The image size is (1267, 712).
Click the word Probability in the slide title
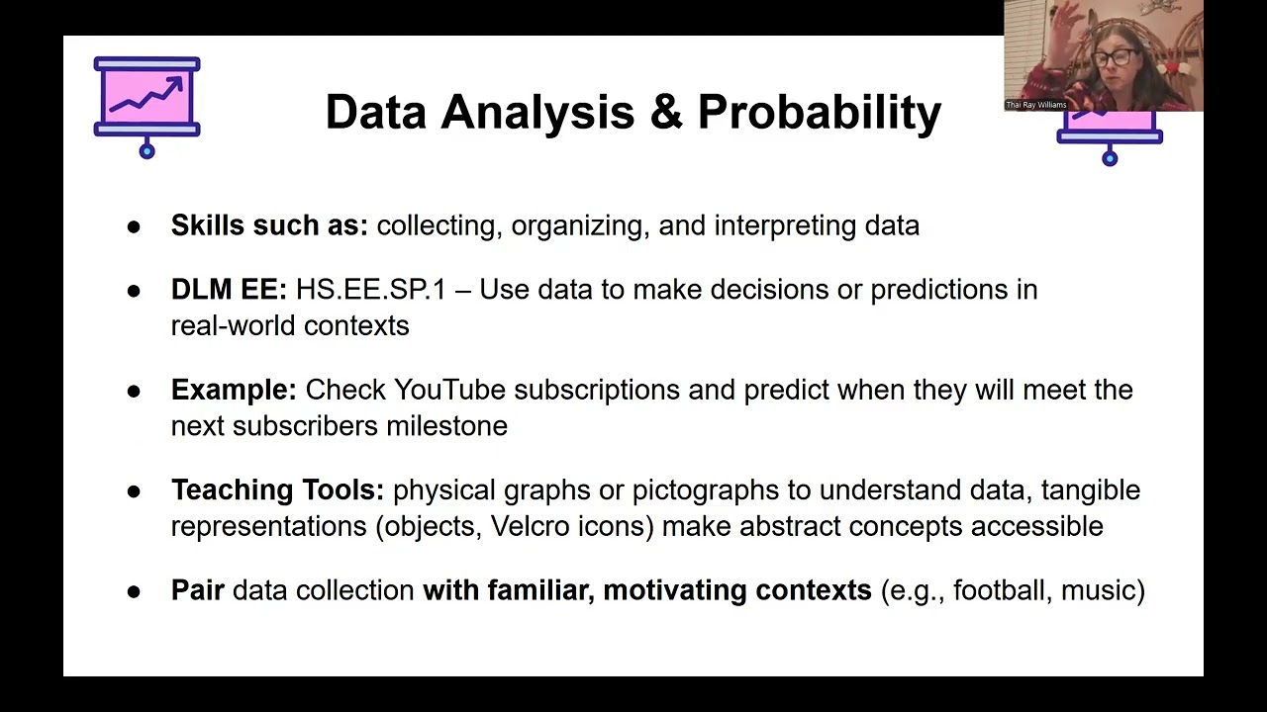coord(819,113)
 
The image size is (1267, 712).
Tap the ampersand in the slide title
coord(666,113)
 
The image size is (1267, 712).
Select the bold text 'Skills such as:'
coord(269,225)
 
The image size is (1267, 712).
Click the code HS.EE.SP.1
coord(370,290)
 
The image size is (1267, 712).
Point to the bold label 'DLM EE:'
coord(229,290)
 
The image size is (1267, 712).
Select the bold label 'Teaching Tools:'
coord(277,490)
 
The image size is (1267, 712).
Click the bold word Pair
coord(198,590)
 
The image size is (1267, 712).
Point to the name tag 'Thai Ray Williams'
coord(1035,105)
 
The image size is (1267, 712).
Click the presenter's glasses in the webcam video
coord(1114,56)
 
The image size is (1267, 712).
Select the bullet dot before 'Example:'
coord(134,391)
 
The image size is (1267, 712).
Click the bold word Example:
coord(234,390)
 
